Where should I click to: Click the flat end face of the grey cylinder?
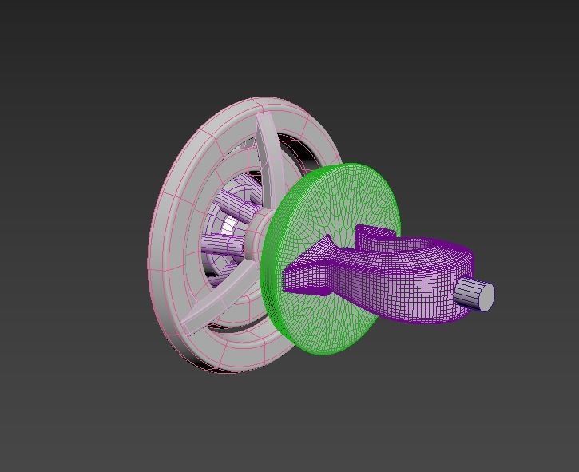[485, 297]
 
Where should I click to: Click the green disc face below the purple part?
[335, 323]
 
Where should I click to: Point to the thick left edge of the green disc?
[269, 264]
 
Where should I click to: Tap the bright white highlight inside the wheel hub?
[231, 227]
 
